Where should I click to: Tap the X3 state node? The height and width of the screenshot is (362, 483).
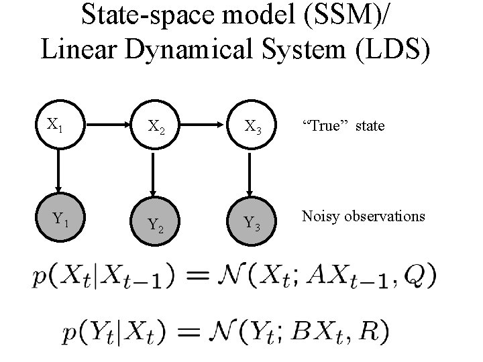click(252, 125)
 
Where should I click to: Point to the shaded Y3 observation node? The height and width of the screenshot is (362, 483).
click(252, 221)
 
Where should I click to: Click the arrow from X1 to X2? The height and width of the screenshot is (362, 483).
click(104, 124)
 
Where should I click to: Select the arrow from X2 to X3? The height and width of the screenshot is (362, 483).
click(203, 124)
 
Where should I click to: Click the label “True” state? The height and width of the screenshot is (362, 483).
click(343, 125)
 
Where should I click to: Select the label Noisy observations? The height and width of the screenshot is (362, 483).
click(363, 216)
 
